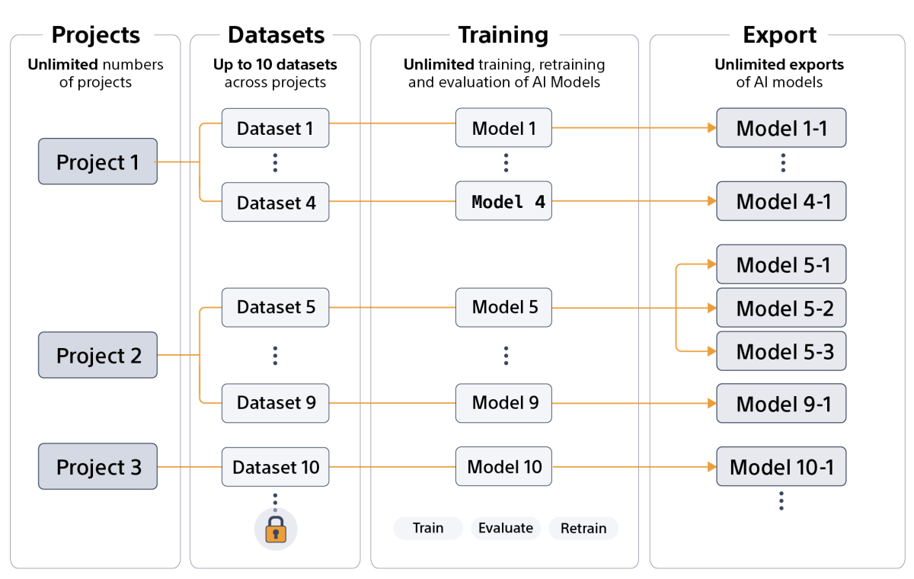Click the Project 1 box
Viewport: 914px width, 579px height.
[x=97, y=162]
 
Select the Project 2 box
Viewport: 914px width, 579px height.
[x=97, y=355]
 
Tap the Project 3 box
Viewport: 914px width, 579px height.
[x=97, y=466]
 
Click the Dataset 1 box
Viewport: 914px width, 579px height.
[x=275, y=128]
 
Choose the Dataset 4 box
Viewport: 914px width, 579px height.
[x=275, y=202]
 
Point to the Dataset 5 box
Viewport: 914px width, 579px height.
[x=275, y=307]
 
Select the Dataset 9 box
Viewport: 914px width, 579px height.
[x=275, y=403]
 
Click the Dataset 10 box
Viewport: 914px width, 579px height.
[x=275, y=466]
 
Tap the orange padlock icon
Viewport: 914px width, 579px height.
[x=275, y=529]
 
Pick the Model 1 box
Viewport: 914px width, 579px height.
[x=503, y=128]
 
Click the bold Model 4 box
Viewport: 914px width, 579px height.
[x=503, y=202]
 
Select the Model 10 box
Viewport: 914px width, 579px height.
[x=503, y=466]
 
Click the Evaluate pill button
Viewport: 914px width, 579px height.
[x=506, y=528]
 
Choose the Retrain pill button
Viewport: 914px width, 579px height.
[x=583, y=528]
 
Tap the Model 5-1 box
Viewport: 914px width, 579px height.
[x=781, y=265]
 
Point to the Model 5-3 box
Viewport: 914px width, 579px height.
[x=781, y=351]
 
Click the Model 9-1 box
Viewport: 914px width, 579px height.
[x=781, y=404]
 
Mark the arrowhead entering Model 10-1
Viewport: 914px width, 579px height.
[x=711, y=466]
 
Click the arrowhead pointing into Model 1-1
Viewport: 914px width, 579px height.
[x=711, y=128]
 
